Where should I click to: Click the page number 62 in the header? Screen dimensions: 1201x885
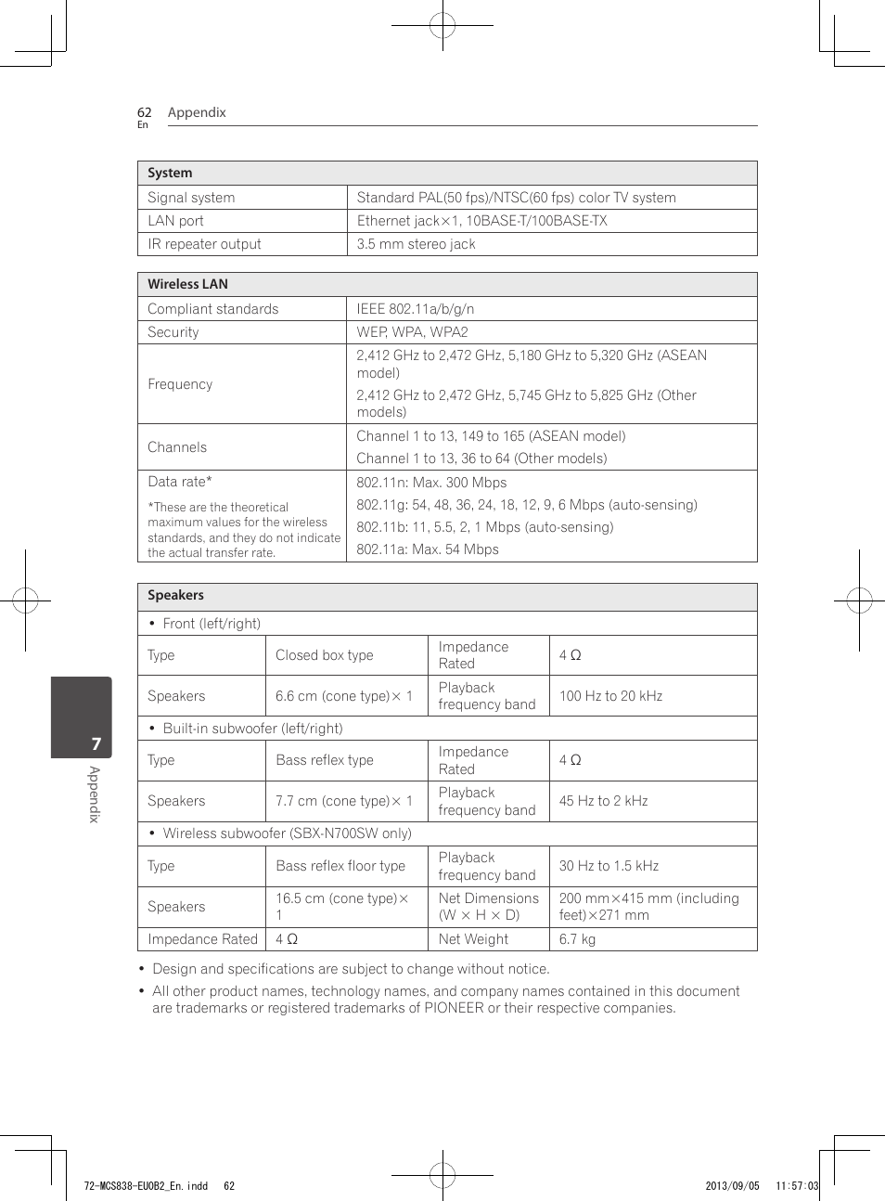pos(144,112)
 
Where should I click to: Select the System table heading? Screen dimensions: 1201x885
pos(170,173)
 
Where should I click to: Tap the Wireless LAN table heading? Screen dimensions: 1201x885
pos(187,284)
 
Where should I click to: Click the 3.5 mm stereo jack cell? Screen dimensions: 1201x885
pos(416,244)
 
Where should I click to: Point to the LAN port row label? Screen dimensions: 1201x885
pos(175,221)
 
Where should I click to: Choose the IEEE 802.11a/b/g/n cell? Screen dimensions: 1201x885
pos(415,309)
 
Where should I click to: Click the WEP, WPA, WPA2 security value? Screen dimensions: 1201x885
pos(412,332)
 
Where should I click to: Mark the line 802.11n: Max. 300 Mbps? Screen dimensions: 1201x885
pos(431,483)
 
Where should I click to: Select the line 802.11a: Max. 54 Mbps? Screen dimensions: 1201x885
pos(428,549)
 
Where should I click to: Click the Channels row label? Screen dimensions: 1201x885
pos(177,447)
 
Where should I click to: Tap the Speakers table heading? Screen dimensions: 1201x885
pos(175,596)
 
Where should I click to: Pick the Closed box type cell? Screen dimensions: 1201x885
pos(324,655)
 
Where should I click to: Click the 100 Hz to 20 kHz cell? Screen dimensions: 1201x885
pos(610,696)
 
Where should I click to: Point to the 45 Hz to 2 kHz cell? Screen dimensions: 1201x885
pos(603,801)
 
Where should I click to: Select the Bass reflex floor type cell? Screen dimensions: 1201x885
pos(340,866)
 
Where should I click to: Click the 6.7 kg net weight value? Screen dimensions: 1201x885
pos(577,939)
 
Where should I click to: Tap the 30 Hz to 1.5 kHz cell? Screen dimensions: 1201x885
pos(609,866)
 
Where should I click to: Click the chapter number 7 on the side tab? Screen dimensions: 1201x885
pos(96,743)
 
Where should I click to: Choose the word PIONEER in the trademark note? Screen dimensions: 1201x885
pos(454,1008)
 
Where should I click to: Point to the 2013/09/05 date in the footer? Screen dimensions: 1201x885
pos(732,1185)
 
